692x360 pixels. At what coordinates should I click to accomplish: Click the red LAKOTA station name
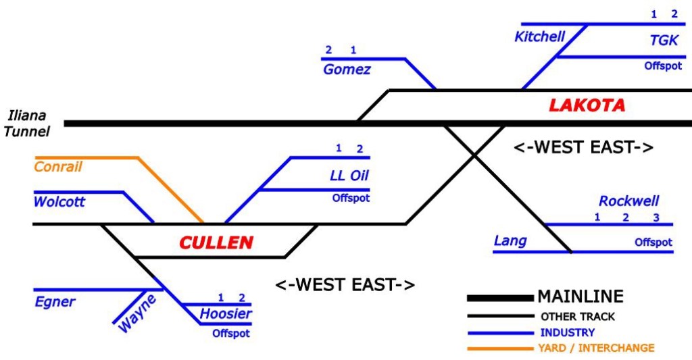click(x=587, y=105)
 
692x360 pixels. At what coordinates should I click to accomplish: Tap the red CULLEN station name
click(x=216, y=242)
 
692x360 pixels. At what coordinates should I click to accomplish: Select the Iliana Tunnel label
click(x=26, y=124)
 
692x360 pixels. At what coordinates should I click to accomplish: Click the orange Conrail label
click(x=58, y=166)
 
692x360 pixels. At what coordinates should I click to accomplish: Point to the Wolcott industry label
click(x=59, y=201)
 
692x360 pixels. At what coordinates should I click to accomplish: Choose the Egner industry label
click(x=55, y=301)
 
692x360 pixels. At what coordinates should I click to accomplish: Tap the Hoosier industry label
click(x=226, y=314)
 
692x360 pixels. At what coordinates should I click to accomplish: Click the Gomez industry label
click(x=347, y=69)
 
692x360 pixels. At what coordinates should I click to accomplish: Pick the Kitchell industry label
click(x=539, y=36)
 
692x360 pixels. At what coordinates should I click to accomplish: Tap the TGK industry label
click(x=664, y=41)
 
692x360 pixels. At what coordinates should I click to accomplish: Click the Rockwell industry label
click(x=628, y=201)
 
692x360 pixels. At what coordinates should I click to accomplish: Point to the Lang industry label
click(x=511, y=240)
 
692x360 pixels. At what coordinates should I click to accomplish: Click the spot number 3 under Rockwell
click(x=656, y=217)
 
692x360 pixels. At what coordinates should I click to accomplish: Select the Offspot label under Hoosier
click(x=231, y=333)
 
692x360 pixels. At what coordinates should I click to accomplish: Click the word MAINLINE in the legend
click(x=580, y=297)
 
